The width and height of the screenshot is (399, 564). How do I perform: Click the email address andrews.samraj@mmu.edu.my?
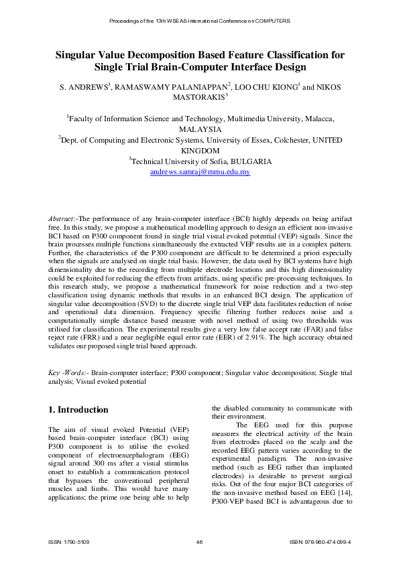(x=200, y=172)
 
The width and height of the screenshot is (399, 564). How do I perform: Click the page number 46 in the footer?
(x=200, y=541)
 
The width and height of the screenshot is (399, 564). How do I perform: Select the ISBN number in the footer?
(x=321, y=541)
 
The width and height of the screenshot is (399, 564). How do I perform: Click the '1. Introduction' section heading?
(x=78, y=409)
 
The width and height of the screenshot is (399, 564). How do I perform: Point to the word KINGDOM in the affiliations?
(x=200, y=151)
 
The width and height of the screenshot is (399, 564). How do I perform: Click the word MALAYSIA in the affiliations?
(x=200, y=129)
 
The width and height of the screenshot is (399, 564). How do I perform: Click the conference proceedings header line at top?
(x=200, y=21)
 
